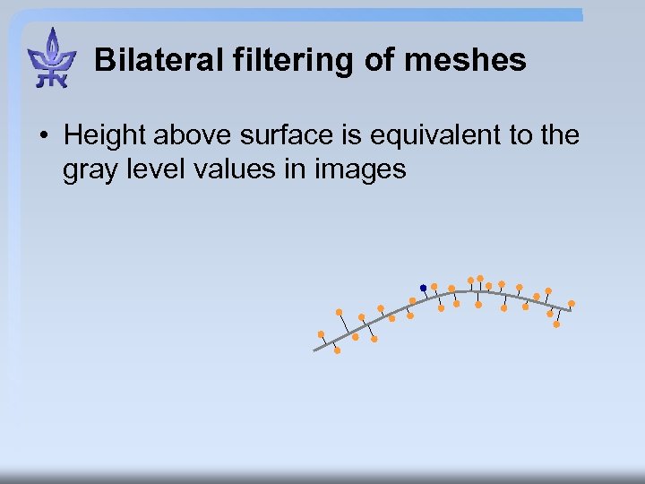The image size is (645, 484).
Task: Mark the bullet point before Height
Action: click(x=43, y=137)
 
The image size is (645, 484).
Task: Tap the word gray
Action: click(x=86, y=169)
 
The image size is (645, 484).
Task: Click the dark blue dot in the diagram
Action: click(x=423, y=288)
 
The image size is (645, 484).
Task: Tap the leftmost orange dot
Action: click(x=321, y=334)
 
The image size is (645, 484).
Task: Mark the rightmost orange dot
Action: click(x=572, y=303)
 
